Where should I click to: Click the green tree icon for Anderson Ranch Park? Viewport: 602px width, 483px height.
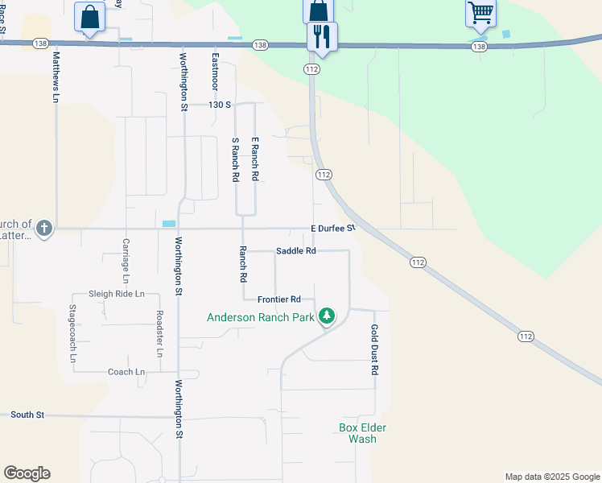326,316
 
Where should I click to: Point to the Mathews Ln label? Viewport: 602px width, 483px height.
56,77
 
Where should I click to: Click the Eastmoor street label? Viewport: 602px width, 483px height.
215,71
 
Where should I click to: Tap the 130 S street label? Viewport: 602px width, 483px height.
219,105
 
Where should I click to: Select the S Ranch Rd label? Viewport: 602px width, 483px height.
236,159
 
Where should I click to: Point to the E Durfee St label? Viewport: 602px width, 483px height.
333,229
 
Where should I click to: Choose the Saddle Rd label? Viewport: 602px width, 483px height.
295,251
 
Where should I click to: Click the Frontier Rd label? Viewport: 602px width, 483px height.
278,299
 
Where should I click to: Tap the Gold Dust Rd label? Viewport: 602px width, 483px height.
374,349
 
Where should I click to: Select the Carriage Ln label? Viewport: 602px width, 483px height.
126,260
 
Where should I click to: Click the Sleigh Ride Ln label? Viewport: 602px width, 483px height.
117,294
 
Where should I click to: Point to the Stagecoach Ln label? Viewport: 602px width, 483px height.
72,332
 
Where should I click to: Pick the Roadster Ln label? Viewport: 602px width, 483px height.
159,334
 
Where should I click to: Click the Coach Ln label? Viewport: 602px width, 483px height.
126,372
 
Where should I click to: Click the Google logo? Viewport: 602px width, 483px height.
27,473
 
